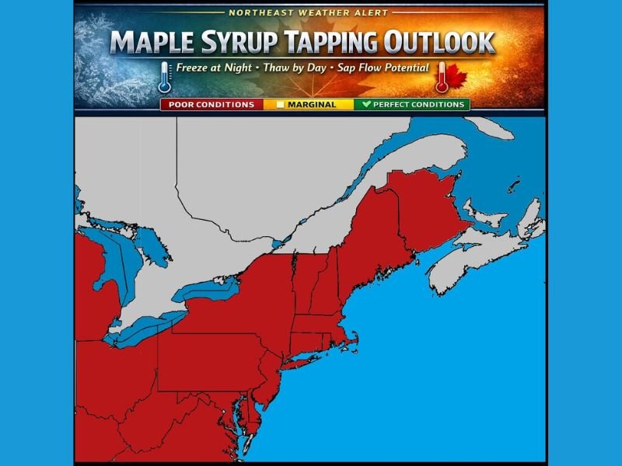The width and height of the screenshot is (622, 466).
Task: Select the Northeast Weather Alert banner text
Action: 309,12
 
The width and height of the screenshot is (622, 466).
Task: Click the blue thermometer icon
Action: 164,76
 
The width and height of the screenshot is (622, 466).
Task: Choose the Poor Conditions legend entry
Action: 211,104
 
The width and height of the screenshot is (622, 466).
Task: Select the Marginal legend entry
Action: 309,104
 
